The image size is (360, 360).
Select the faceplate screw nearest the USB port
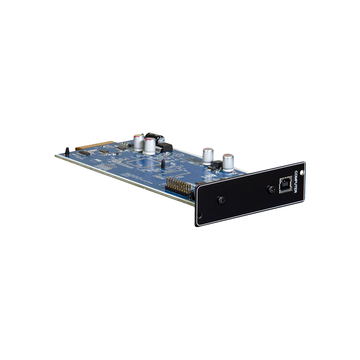point(272,189)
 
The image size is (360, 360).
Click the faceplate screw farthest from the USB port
point(222,200)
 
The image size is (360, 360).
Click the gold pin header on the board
point(177,185)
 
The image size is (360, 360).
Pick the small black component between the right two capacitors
point(217,163)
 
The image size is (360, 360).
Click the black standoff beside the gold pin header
point(192,195)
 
